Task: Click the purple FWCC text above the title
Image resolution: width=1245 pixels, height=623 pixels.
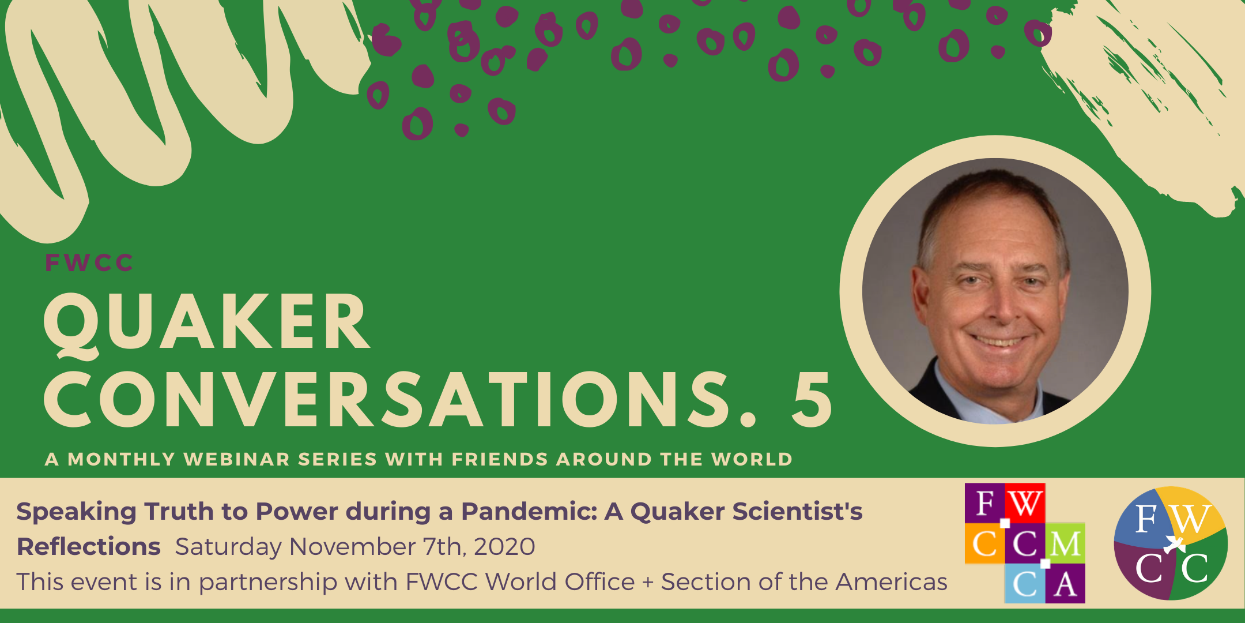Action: click(89, 263)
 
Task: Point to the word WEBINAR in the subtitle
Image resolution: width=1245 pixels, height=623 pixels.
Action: click(237, 459)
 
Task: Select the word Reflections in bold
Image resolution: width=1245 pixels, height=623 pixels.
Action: click(89, 546)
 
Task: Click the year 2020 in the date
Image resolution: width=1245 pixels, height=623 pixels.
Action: click(504, 547)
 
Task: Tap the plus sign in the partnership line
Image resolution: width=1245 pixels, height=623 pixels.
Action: click(648, 583)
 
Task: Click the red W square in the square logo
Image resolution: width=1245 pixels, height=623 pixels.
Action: click(1025, 503)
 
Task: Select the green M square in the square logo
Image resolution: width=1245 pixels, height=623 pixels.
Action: click(1065, 543)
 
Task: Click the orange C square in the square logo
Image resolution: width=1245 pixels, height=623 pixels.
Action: click(985, 543)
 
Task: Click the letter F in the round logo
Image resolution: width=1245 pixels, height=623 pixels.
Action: click(1146, 519)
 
